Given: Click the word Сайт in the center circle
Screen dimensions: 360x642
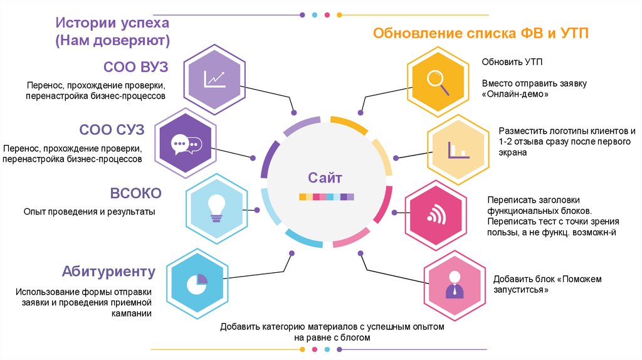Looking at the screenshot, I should coord(326,177).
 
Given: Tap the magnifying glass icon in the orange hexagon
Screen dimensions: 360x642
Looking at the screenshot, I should coord(438,82).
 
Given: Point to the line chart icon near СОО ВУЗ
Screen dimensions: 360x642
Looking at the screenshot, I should coord(214,78).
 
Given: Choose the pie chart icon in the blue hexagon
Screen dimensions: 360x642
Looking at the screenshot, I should coord(197,284).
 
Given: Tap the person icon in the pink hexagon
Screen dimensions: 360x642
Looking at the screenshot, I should coord(454,285).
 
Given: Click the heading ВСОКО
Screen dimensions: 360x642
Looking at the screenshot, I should coord(135,193).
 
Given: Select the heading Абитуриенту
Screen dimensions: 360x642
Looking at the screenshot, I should coord(108,272).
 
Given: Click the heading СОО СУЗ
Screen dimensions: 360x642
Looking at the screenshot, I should coord(112,130).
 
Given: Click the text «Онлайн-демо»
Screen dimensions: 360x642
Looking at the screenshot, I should coord(515,95).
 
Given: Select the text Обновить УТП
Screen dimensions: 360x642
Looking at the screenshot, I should coord(512,62).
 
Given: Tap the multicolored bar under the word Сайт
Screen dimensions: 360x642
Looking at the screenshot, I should coord(326,197).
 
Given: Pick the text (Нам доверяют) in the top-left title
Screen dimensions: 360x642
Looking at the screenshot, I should coord(113,41).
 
